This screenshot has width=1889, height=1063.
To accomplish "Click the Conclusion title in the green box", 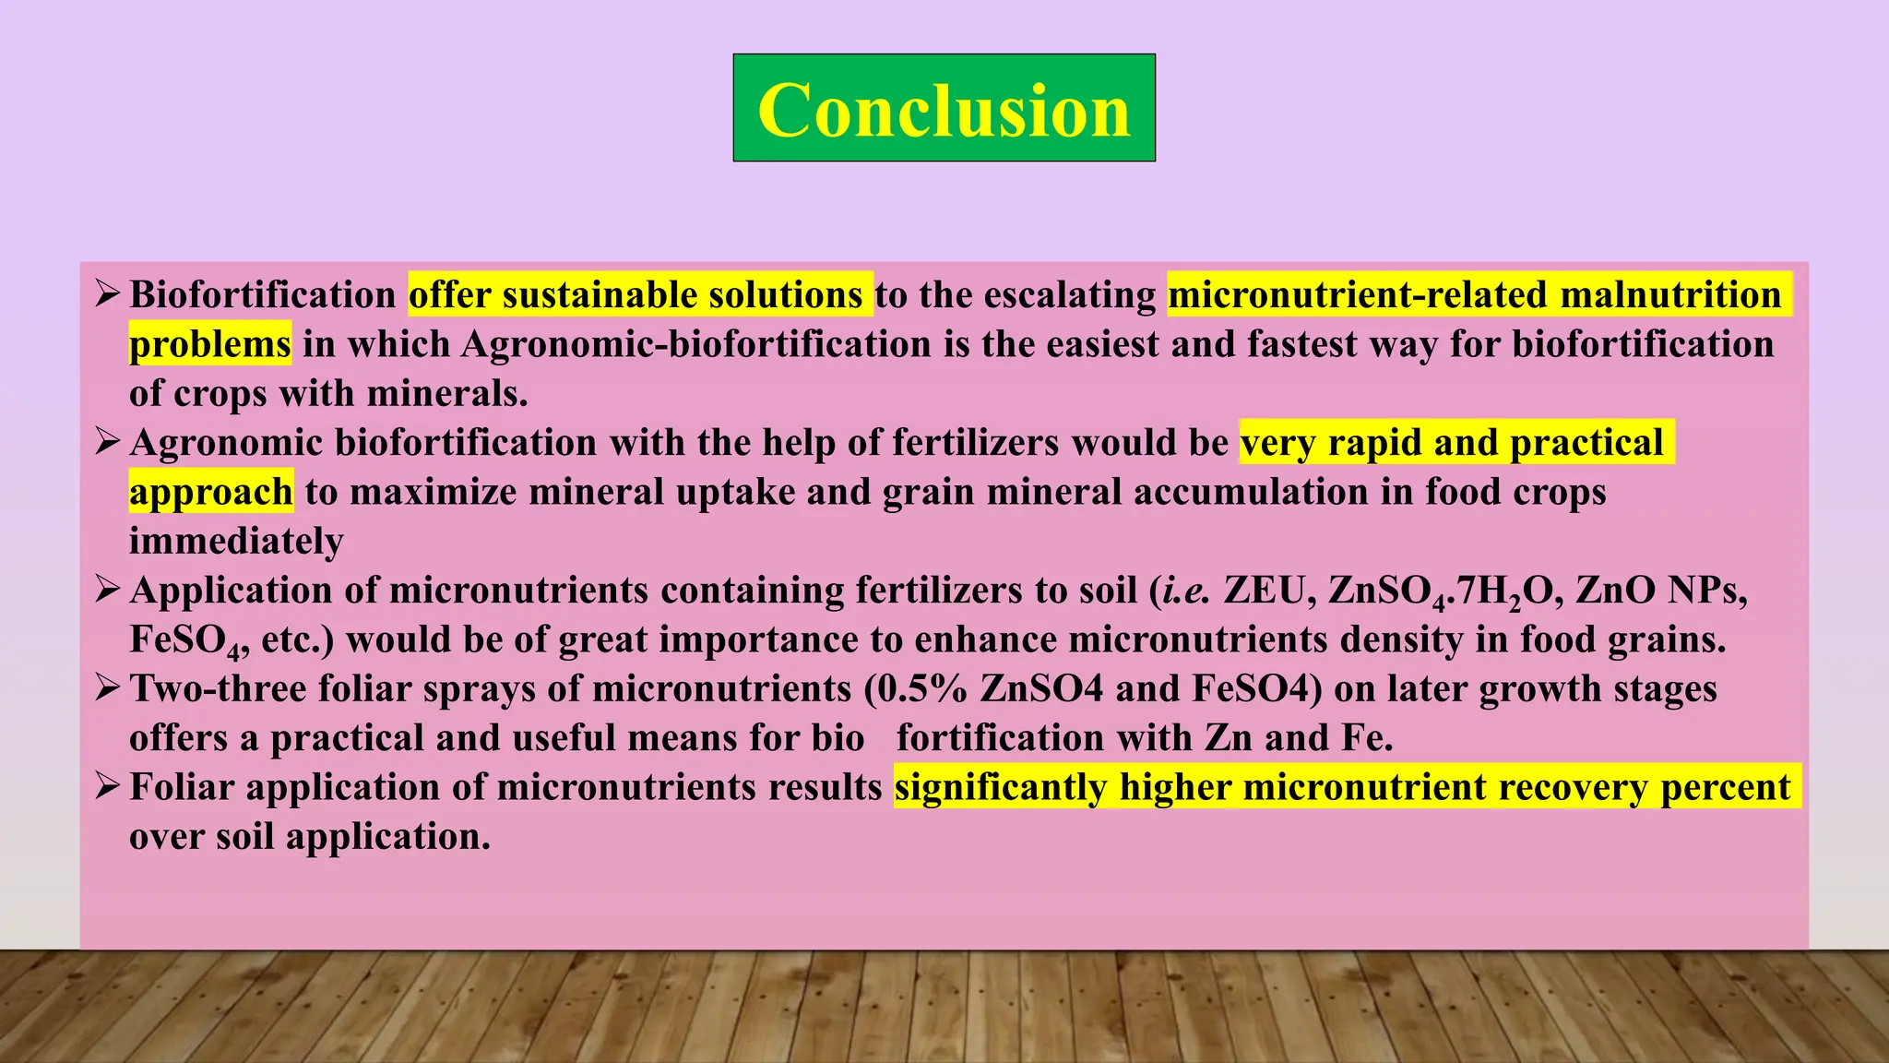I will [944, 110].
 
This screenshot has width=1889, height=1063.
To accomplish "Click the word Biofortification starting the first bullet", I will [263, 295].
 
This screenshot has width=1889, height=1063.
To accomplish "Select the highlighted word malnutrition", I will [1670, 295].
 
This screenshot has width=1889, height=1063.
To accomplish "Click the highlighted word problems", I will [209, 344].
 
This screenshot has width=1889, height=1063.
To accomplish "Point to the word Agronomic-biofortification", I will [696, 344].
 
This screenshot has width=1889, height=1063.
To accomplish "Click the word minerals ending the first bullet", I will [446, 394].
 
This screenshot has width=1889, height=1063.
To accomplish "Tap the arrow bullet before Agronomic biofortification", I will [107, 442].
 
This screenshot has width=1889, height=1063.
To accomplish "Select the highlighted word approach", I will [210, 492].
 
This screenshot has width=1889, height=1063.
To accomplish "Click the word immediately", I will [236, 541].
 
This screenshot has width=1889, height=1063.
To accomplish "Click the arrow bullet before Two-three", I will [107, 688].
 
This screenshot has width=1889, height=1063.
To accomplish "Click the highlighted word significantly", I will [1000, 787].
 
